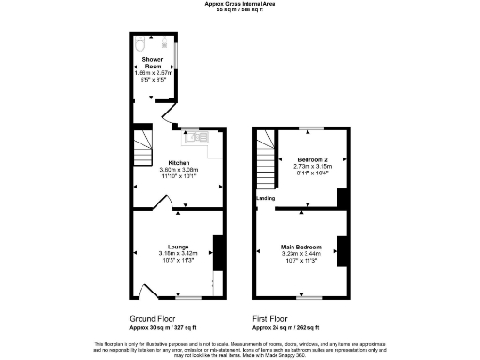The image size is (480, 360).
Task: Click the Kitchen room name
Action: pos(178,162)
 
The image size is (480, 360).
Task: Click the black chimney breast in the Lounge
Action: pos(217,250)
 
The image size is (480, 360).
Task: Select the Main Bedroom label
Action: pos(301,247)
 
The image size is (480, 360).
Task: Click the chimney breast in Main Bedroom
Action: pos(342,250)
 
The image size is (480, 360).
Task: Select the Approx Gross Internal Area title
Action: pos(239,3)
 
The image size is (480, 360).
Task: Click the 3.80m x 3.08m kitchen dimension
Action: pos(178,169)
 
